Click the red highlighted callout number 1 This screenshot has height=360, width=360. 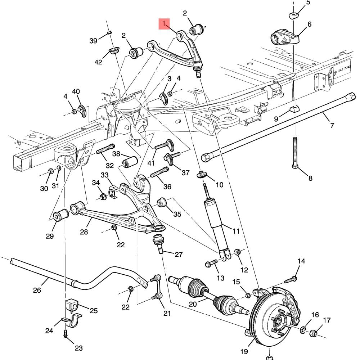tap(164, 24)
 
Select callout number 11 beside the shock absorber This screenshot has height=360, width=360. tap(236, 231)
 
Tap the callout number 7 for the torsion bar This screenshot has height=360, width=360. tap(332, 125)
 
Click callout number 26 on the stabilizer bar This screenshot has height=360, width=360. tap(37, 290)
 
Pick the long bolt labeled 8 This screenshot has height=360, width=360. tap(294, 151)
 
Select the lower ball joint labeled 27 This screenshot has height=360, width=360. tap(158, 243)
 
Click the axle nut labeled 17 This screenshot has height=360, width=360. tap(314, 333)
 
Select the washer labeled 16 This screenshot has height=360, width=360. tap(304, 329)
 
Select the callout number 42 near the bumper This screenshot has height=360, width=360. tap(98, 62)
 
